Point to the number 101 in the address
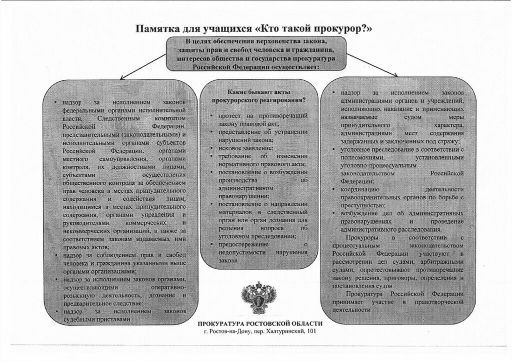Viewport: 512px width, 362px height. (311, 331)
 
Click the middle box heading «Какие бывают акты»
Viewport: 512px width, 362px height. (258, 92)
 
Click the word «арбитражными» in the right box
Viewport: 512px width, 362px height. (444, 262)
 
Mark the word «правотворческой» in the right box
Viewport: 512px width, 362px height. (440, 302)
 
